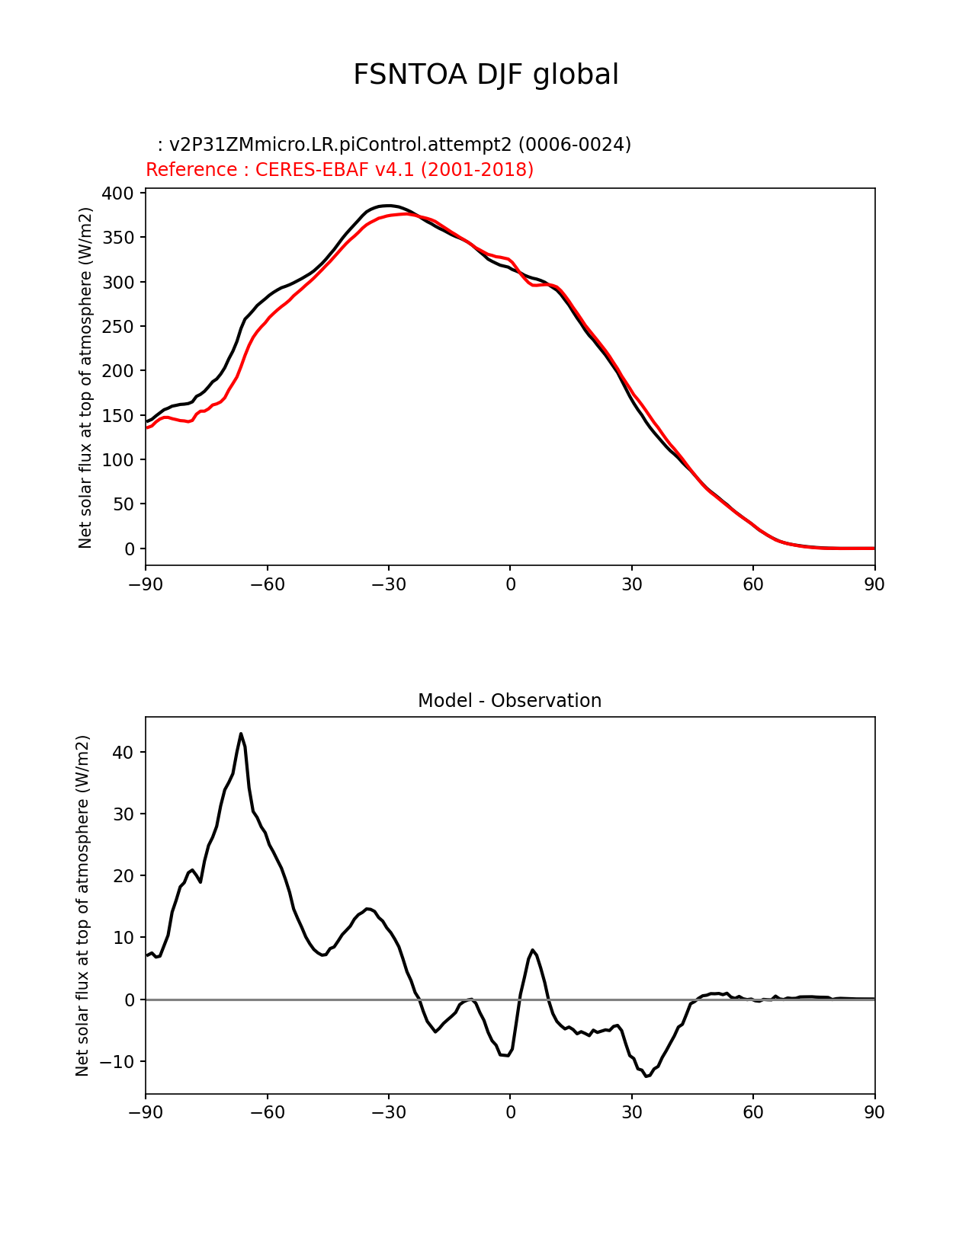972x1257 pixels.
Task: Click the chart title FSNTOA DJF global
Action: (x=486, y=75)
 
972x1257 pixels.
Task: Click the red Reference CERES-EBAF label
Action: (x=339, y=170)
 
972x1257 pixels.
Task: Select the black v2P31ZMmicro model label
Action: (x=394, y=145)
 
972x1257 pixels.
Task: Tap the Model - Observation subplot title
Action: (x=509, y=701)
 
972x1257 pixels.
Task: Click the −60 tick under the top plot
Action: (x=267, y=585)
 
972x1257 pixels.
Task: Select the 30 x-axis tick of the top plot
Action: (x=631, y=585)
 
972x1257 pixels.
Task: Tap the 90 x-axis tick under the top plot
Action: (x=874, y=585)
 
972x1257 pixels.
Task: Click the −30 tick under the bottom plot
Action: (x=388, y=1113)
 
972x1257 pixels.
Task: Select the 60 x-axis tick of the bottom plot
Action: (x=752, y=1113)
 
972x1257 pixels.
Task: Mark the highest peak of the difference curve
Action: (x=241, y=734)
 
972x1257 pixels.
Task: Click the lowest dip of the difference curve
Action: (x=646, y=1076)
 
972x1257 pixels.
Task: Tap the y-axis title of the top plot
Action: (x=85, y=377)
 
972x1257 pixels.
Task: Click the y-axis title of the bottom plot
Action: (x=82, y=905)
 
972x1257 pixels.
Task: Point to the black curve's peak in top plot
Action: (x=388, y=206)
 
